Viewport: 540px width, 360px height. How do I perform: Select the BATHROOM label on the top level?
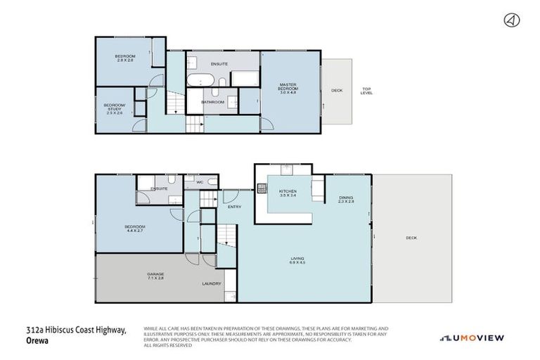pos(212,102)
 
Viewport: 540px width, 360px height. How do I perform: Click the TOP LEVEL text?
pos(366,90)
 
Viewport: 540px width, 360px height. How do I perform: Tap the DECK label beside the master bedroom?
pos(337,90)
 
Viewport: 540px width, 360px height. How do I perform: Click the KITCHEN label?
pos(288,191)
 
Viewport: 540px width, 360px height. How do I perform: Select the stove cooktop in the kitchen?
pos(262,188)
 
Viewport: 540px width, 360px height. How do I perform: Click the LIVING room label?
pos(297,259)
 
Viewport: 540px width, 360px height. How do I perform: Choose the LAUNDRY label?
pos(211,283)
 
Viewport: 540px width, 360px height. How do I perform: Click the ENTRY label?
pos(234,206)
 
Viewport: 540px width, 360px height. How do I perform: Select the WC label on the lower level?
pos(200,182)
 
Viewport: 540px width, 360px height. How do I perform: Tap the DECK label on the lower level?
pos(411,238)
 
